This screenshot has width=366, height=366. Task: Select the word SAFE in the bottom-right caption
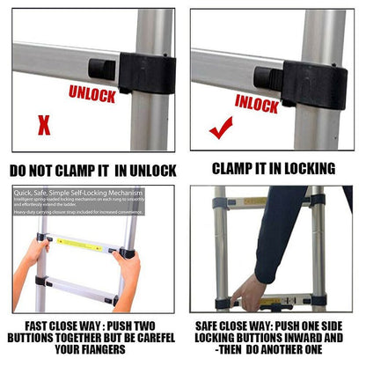click(x=211, y=324)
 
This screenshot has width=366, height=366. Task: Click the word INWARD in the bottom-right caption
click(x=311, y=337)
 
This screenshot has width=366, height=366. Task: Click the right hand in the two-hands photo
click(x=128, y=269)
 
